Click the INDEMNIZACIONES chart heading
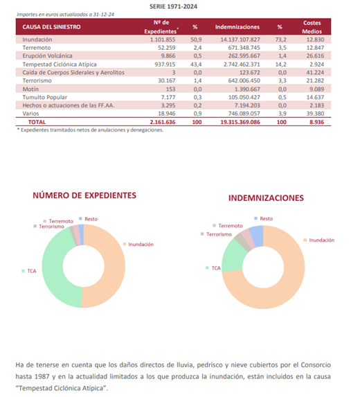(266, 198)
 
